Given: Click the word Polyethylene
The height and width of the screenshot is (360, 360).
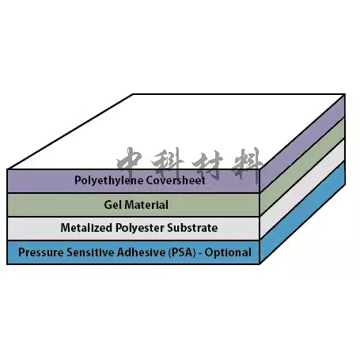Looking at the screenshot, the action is (x=109, y=180).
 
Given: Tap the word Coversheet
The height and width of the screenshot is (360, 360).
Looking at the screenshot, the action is (x=176, y=180).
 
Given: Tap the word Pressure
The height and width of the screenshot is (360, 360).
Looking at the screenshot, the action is (x=41, y=252).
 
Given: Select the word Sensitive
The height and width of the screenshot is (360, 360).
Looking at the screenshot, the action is (x=89, y=252).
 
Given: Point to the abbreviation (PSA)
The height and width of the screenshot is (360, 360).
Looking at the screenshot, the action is (x=182, y=252).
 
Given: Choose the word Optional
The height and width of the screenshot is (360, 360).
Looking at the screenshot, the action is (x=228, y=253).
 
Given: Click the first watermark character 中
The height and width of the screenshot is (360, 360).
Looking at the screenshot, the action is (x=129, y=162).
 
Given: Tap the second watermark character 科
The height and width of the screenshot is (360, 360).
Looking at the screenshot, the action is (x=168, y=163).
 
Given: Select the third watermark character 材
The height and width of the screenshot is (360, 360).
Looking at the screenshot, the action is (x=207, y=164).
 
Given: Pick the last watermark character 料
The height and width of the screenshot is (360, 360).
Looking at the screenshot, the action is (x=247, y=165).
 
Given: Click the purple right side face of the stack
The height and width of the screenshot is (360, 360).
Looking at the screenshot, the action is (x=302, y=143).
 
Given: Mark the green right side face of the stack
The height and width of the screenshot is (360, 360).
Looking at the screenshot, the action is (x=302, y=166).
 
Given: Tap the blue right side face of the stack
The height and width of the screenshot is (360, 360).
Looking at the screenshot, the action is (x=302, y=213).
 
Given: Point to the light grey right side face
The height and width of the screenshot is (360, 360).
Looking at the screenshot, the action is (x=302, y=189).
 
